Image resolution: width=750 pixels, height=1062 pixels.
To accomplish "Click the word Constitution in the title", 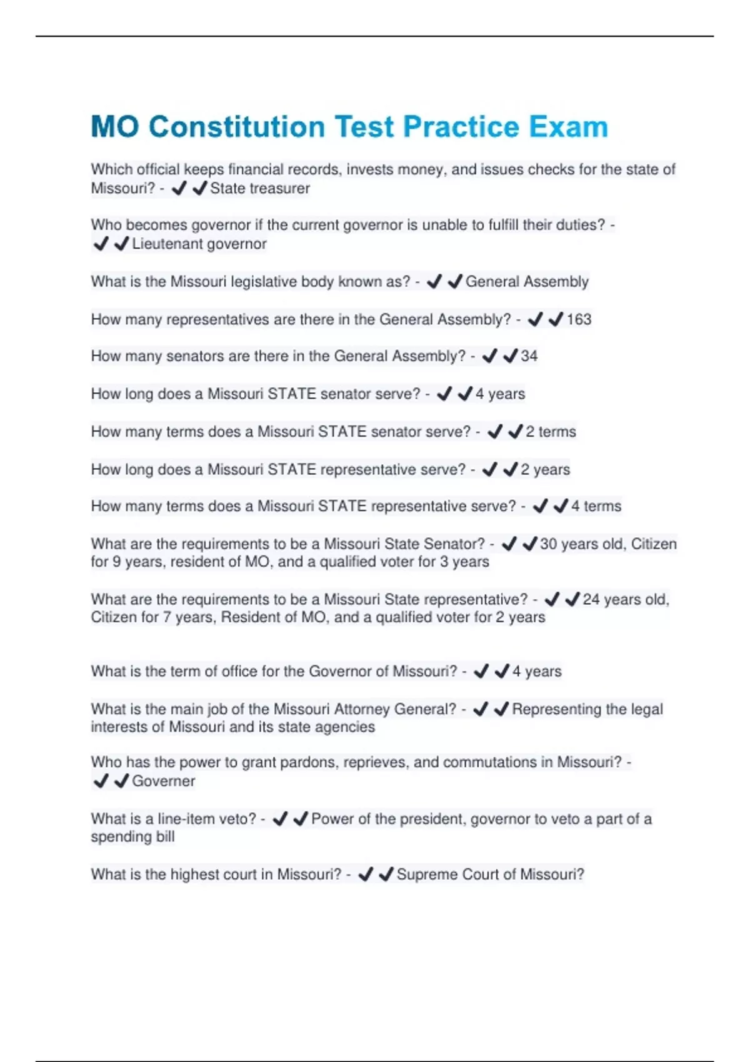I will tap(237, 127).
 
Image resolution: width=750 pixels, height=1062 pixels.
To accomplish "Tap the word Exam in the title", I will tap(568, 127).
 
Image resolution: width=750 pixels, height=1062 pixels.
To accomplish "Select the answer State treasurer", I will tap(259, 188).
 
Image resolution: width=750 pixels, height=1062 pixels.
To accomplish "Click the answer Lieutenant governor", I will tap(199, 244).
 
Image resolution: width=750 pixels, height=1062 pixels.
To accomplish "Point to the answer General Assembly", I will tap(527, 282).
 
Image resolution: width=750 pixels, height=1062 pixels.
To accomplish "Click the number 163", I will tap(579, 319).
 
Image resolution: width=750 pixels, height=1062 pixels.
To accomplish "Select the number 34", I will tap(529, 356).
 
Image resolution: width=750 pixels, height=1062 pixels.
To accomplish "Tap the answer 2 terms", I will tap(551, 432).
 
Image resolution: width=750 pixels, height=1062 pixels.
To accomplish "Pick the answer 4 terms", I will tap(596, 506).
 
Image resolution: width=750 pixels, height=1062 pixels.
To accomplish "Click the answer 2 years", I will tap(545, 469).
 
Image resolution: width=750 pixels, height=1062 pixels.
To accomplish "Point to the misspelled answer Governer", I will tap(163, 781).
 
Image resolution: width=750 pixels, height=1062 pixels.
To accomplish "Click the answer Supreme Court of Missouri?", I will tap(490, 874).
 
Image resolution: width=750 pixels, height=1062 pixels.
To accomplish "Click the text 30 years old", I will tap(581, 544).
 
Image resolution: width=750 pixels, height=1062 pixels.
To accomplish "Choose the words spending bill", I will tap(132, 836).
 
